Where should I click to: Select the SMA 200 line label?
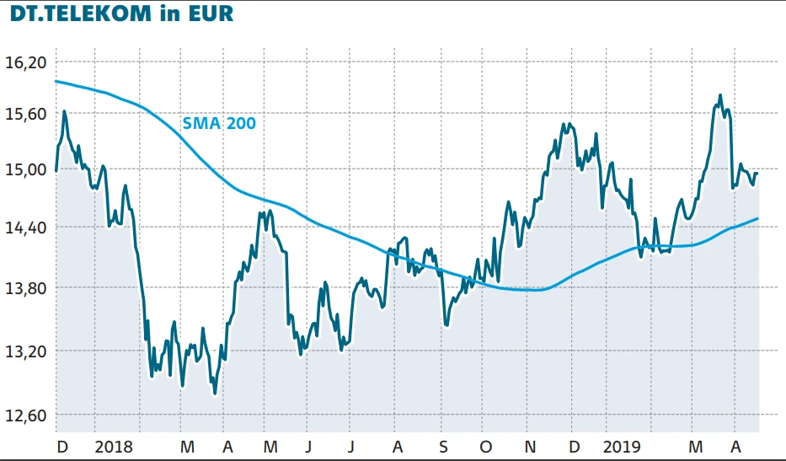pos(219,123)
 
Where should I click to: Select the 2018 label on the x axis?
pos(114,445)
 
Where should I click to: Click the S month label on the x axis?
pos(443,445)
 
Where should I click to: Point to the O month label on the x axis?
pos(485,445)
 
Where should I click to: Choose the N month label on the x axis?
pos(529,445)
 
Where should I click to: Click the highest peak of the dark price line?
pos(720,95)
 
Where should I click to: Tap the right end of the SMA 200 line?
pos(758,219)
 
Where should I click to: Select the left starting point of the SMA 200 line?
pos(56,81)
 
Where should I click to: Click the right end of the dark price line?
pos(758,174)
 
